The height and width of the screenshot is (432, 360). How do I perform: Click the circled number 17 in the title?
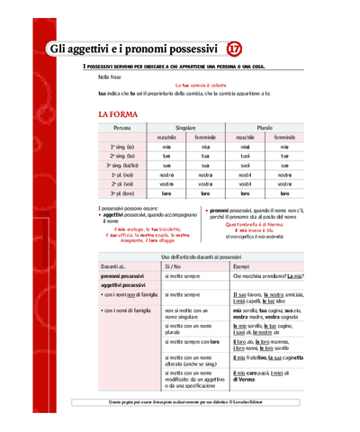235,47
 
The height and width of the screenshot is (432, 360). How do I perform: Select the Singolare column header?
186,128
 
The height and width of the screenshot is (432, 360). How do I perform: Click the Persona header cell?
122,128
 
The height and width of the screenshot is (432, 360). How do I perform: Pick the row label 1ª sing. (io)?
122,145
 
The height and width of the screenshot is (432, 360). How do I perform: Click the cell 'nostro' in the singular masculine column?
166,175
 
